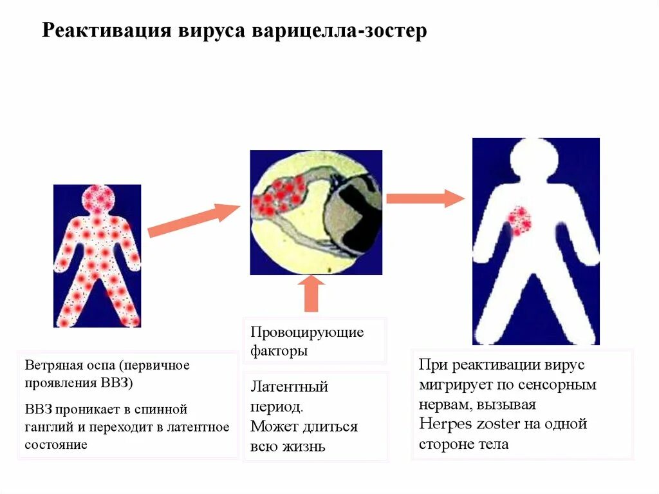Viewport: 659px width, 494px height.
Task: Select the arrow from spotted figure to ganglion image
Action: pyautogui.click(x=193, y=220)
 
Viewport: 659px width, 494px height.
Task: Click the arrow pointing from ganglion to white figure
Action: pyautogui.click(x=425, y=198)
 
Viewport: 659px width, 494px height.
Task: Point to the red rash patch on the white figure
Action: pyautogui.click(x=519, y=220)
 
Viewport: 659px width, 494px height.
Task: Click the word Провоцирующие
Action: pyautogui.click(x=307, y=332)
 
